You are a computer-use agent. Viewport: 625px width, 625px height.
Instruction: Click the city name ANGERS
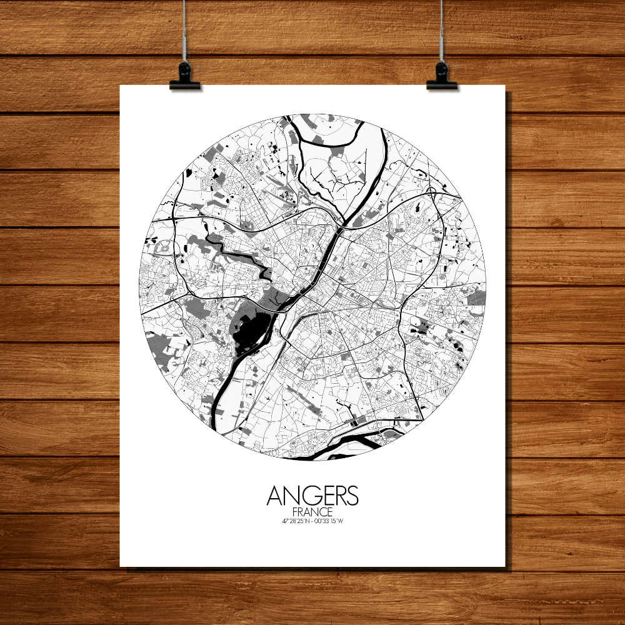pyautogui.click(x=312, y=496)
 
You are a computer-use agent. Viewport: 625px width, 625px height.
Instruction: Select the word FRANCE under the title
pyautogui.click(x=312, y=512)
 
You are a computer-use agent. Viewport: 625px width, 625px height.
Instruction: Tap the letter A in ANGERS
pyautogui.click(x=274, y=496)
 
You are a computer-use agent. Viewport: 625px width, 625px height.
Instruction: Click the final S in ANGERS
pyautogui.click(x=352, y=496)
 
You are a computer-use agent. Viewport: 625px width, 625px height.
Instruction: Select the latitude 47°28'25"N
pyautogui.click(x=296, y=521)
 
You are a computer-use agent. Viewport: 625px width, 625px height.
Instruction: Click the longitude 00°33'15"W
pyautogui.click(x=330, y=521)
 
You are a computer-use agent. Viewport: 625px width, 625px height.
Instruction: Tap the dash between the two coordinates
pyautogui.click(x=312, y=521)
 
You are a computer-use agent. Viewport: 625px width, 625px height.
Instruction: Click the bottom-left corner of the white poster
pyautogui.click(x=121, y=566)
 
